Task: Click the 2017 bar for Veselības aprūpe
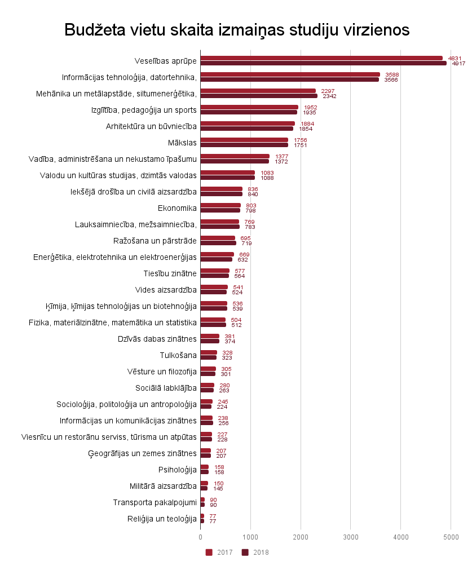[321, 58]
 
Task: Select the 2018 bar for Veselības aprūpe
[323, 63]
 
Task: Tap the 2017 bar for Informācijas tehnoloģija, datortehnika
[290, 74]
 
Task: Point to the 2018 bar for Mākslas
[244, 145]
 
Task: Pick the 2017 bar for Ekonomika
[220, 205]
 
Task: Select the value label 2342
[329, 96]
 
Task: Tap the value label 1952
[310, 107]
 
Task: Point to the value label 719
[246, 243]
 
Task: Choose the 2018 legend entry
[256, 553]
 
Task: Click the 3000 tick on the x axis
[351, 536]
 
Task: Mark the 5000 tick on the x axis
[451, 536]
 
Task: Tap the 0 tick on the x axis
[200, 536]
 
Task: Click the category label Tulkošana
[178, 355]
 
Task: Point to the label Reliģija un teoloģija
[162, 519]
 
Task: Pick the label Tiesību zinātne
[170, 273]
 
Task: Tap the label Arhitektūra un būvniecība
[151, 126]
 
